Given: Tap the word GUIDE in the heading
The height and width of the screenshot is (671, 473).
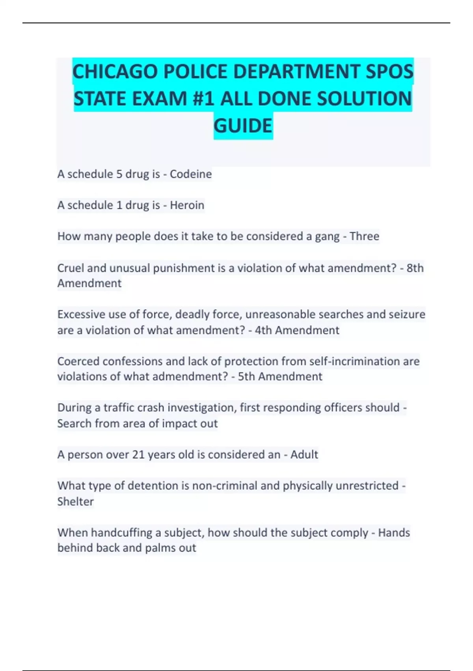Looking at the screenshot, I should [243, 126].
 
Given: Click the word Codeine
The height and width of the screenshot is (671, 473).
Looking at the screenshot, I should [191, 174].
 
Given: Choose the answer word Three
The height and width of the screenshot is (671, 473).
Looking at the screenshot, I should [364, 236].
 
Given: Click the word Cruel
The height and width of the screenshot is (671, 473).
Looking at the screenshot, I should [71, 268].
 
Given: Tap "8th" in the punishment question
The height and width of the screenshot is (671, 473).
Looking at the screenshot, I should [415, 268].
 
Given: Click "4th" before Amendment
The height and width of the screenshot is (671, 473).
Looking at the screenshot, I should [263, 330].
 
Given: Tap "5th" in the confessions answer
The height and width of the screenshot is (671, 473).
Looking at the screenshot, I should [246, 377].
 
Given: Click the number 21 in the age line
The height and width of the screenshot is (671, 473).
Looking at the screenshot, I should [138, 455].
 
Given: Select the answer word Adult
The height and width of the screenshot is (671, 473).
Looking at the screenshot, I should [304, 455].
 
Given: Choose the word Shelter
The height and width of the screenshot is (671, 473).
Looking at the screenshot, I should [75, 502].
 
